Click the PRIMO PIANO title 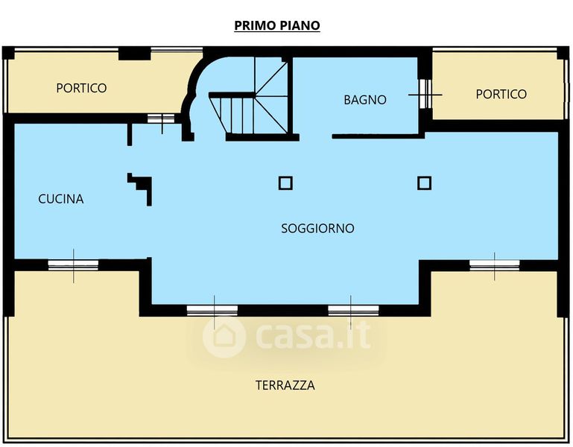(x=277, y=25)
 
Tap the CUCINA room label (x=61, y=199)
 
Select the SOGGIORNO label (x=317, y=229)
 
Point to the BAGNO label (x=365, y=100)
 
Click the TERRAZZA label (x=285, y=385)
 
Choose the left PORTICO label (x=81, y=88)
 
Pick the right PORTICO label (x=501, y=95)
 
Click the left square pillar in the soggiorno (x=285, y=183)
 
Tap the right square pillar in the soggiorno (x=424, y=183)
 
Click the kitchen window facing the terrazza (x=74, y=265)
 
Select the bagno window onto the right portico (x=425, y=95)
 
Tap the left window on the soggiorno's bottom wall (x=212, y=311)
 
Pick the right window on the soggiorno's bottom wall (x=353, y=311)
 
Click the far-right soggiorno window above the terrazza (x=495, y=265)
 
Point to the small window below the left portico (x=161, y=118)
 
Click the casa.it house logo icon (x=224, y=336)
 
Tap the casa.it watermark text (x=313, y=336)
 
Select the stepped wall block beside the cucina (x=140, y=189)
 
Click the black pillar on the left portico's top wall (x=134, y=54)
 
